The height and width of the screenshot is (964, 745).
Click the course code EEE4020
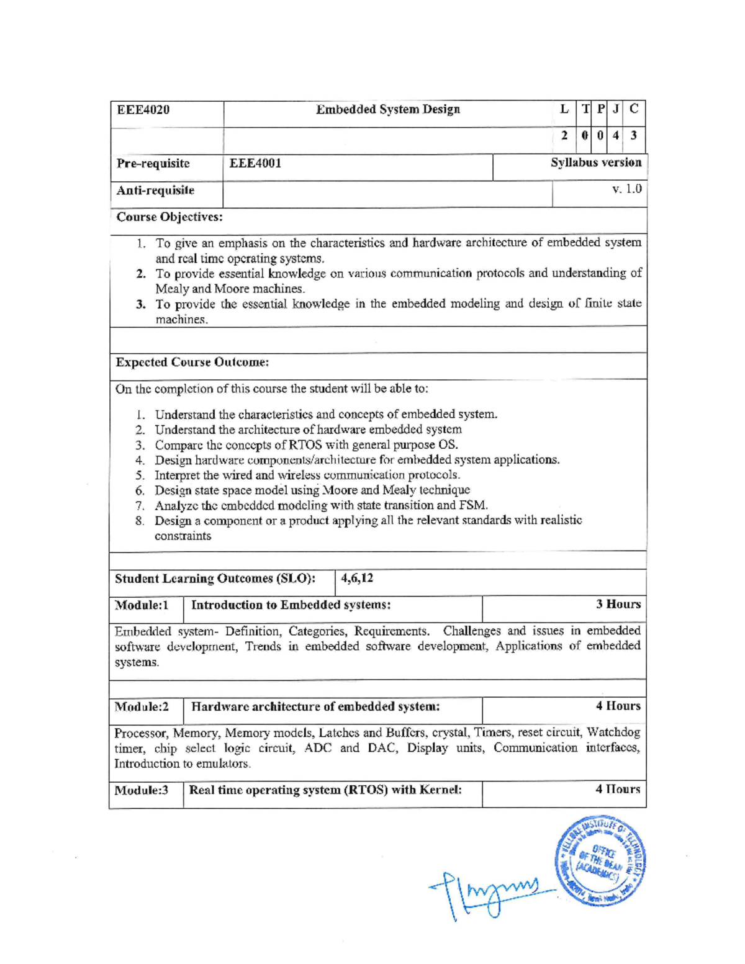tap(143, 110)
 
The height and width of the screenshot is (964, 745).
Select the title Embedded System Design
tap(388, 109)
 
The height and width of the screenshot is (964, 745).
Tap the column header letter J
tap(615, 109)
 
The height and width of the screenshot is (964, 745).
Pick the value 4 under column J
tap(615, 135)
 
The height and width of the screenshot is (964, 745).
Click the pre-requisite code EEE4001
tap(255, 163)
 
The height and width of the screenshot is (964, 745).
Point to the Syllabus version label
tap(595, 163)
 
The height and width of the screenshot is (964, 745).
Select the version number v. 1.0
tap(626, 189)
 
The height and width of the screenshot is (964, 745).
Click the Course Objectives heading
tap(169, 217)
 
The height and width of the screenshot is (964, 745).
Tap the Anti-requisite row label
tap(155, 190)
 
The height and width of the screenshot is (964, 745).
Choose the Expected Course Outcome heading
tap(192, 362)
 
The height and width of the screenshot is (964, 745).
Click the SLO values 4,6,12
tap(357, 578)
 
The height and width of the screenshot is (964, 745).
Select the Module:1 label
tap(142, 605)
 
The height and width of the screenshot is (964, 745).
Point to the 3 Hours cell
tap(618, 604)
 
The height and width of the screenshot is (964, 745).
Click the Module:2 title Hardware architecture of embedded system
tap(315, 706)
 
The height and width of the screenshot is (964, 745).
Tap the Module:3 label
tap(142, 790)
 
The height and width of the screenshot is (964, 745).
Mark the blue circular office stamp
tap(600, 860)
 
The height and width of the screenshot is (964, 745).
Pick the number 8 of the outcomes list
tap(140, 521)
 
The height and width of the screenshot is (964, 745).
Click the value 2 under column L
tap(564, 135)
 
